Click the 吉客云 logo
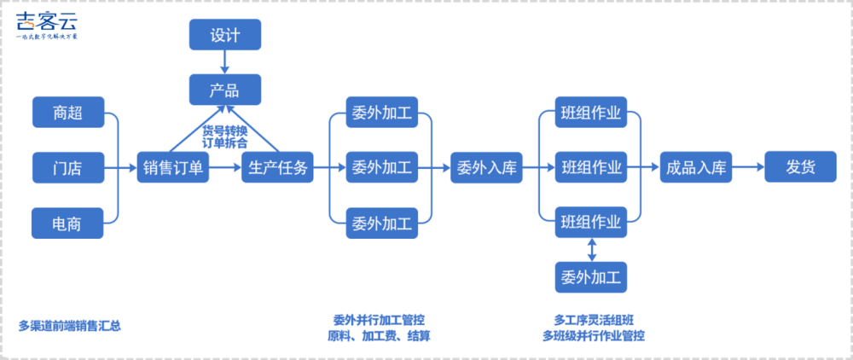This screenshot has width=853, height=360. click(47, 27)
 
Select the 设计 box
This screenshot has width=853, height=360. click(225, 35)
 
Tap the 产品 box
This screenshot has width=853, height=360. click(225, 90)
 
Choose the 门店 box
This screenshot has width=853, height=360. click(67, 167)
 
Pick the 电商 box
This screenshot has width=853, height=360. click(67, 224)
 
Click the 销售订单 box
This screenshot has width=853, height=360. click(173, 167)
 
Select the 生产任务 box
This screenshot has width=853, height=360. click(277, 167)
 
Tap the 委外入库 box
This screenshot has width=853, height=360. click(486, 167)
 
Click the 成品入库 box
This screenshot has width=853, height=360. click(695, 167)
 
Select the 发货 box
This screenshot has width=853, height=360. click(800, 167)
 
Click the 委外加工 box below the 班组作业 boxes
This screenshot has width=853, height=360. click(591, 277)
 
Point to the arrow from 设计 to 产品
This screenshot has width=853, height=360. click(225, 61)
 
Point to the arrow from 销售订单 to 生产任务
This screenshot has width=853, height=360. click(225, 167)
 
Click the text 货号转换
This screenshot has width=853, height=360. click(225, 131)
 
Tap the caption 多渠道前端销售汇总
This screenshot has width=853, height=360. click(70, 325)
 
